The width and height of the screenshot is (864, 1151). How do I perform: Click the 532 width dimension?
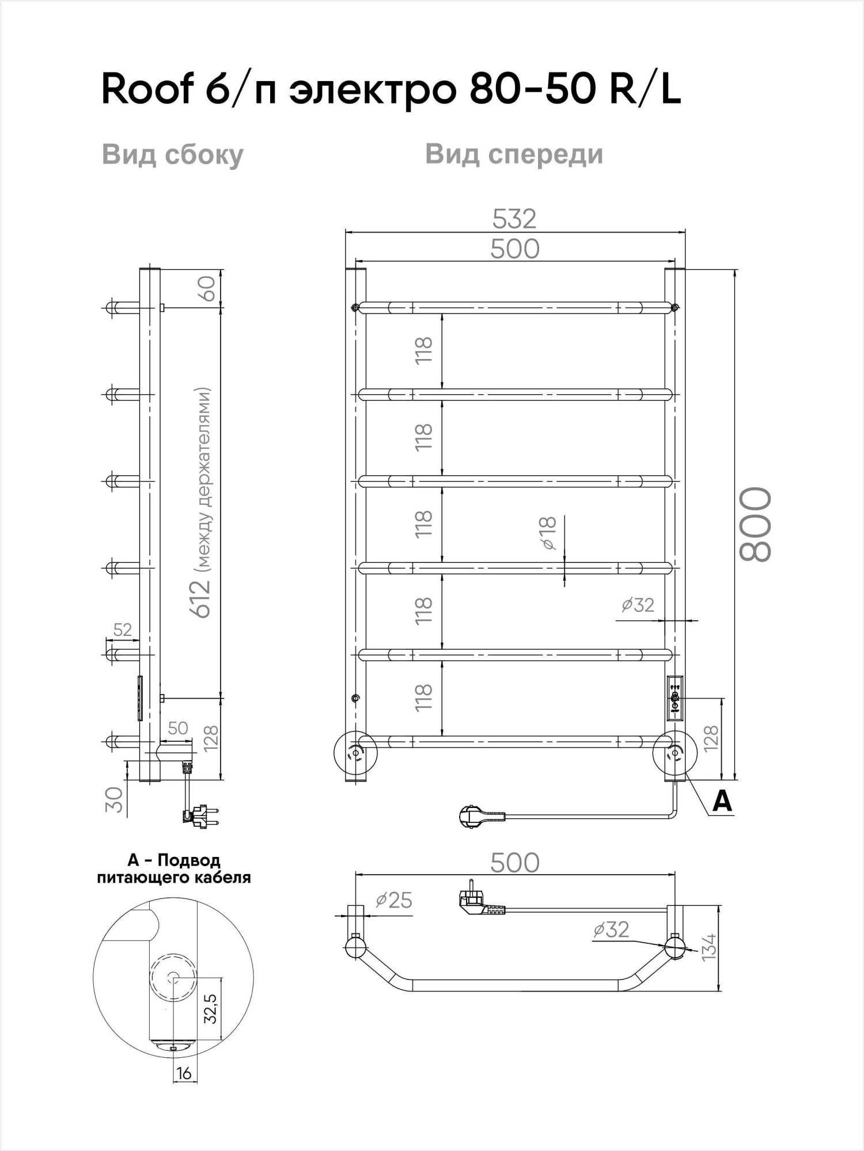point(514,219)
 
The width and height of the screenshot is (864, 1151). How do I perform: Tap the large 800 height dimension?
point(755,524)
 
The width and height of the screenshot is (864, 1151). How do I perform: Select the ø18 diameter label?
point(549,532)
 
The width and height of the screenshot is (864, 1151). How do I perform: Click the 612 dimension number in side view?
point(203,599)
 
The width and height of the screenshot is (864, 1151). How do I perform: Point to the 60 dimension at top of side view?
point(208,288)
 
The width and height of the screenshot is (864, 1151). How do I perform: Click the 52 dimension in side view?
point(122,630)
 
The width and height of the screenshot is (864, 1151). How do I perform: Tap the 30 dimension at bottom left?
point(116,799)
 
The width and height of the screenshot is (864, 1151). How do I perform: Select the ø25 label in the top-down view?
point(394,900)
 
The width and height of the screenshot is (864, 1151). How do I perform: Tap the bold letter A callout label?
point(722,801)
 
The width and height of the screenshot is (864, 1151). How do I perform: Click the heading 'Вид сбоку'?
point(173,155)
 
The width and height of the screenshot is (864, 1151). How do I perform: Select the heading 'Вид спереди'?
point(514,154)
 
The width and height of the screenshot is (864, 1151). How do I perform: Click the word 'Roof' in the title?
point(146,91)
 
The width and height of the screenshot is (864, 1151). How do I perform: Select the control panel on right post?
point(674,698)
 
